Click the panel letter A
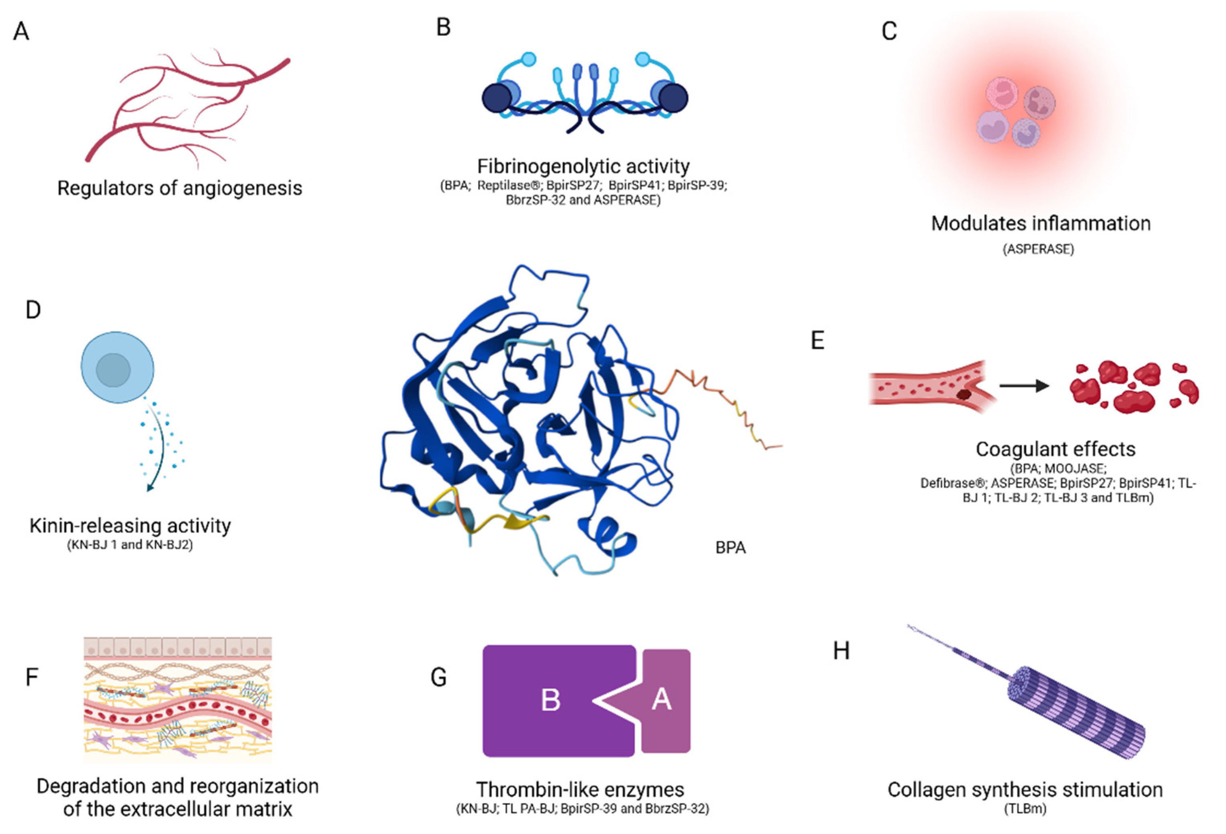coord(21,32)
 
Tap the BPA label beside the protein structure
coord(730,548)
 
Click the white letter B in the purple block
coord(550,701)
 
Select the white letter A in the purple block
coord(661,699)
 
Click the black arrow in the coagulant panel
coord(1023,386)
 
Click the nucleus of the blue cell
coord(113,370)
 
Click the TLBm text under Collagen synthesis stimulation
coord(1025,809)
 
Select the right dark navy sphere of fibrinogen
coord(673,98)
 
